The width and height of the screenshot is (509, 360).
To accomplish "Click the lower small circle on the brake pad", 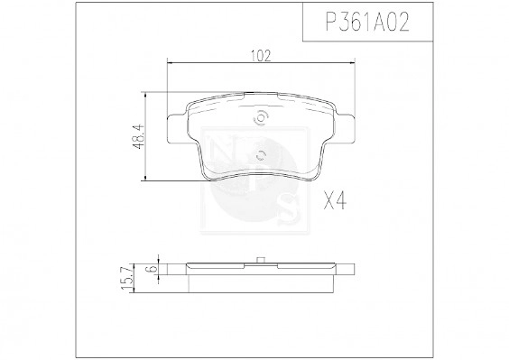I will click(x=259, y=153).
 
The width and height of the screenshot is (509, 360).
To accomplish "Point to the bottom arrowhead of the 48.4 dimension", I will click(x=146, y=181).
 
